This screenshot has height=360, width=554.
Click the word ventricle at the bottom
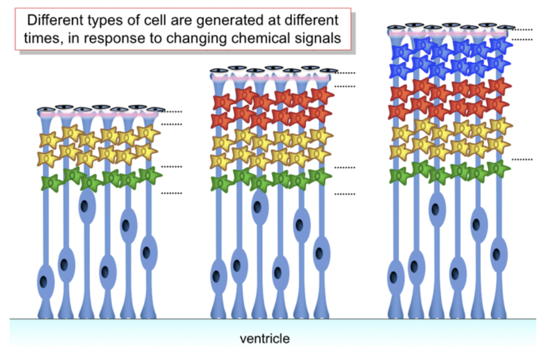click(x=264, y=339)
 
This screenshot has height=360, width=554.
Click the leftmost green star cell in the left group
click(x=52, y=183)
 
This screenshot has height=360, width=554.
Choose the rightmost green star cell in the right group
click(x=499, y=169)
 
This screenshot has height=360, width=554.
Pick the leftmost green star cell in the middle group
click(x=222, y=183)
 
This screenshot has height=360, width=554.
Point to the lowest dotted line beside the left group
click(x=171, y=194)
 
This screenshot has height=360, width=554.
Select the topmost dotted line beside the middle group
click(x=345, y=73)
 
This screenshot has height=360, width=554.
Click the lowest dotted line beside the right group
click(x=522, y=159)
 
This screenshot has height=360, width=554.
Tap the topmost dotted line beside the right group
click(x=523, y=29)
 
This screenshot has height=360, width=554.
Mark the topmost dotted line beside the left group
click(x=171, y=111)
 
